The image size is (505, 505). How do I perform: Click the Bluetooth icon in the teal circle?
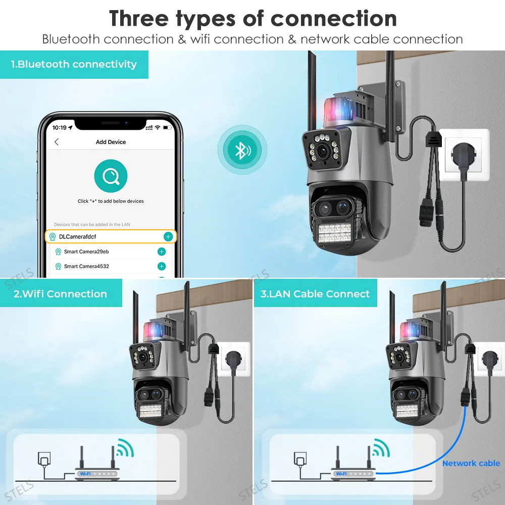click(242, 150)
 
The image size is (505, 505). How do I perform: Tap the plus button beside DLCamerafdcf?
click(168, 237)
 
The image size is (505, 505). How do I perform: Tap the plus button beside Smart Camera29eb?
click(162, 251)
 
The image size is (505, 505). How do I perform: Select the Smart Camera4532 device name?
click(86, 266)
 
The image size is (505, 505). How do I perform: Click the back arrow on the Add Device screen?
click(57, 142)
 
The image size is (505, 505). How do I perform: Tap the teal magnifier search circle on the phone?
click(111, 176)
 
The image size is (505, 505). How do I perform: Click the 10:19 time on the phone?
click(59, 128)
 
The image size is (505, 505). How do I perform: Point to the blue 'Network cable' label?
click(471, 463)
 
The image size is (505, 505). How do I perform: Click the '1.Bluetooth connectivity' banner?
click(74, 65)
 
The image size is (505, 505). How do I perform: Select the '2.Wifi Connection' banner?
click(61, 293)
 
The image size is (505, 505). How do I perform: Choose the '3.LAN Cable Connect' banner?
click(315, 293)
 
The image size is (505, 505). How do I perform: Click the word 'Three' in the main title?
click(139, 19)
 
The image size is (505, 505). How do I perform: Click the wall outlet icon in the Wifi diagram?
click(44, 459)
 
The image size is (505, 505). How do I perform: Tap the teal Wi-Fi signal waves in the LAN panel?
click(381, 447)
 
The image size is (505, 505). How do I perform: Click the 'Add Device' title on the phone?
click(111, 142)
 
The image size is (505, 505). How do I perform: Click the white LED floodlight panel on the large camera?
click(334, 232)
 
